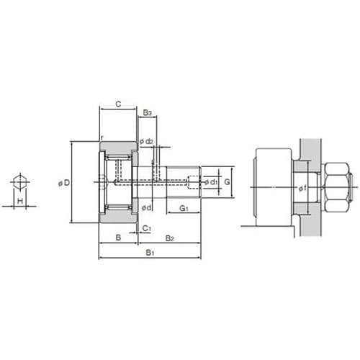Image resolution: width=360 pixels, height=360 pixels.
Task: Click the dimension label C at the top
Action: coord(118,104)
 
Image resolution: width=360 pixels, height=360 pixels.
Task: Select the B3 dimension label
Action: coord(148,112)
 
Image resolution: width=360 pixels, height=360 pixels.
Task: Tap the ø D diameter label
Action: coord(64,183)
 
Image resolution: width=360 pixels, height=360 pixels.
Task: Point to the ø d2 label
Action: coord(146,141)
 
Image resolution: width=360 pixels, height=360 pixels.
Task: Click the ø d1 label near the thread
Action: coord(211,182)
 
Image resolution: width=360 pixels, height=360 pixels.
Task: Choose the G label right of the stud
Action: coord(227,182)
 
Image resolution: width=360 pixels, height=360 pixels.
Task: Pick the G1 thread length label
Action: coord(184,208)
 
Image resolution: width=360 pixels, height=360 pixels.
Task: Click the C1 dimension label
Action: coord(146,228)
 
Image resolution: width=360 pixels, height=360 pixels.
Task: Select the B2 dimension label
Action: coord(169,238)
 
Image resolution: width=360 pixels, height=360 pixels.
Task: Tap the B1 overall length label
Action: coord(150,253)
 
